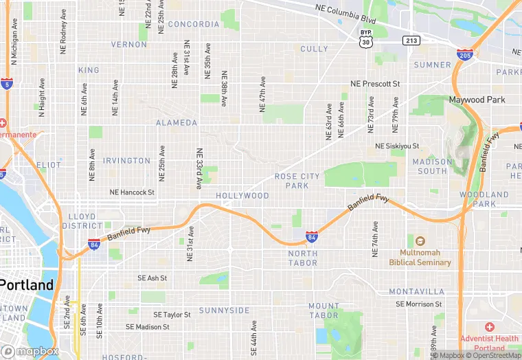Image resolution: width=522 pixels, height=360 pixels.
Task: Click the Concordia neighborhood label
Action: [193, 24]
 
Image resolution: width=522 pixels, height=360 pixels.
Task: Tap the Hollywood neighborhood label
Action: [242, 196]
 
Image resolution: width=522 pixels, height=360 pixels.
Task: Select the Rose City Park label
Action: [297, 181]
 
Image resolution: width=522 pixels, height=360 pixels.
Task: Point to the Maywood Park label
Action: [477, 100]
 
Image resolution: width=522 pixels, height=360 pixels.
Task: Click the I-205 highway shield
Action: [465, 54]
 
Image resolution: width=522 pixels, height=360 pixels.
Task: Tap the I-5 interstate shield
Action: [7, 85]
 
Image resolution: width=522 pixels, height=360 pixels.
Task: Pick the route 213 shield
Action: [411, 41]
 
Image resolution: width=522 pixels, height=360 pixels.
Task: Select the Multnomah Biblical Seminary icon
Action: [420, 241]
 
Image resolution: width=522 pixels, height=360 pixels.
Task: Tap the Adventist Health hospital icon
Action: [489, 327]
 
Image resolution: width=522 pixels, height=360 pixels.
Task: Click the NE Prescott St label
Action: [374, 84]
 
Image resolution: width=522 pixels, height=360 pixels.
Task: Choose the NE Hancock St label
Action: [133, 192]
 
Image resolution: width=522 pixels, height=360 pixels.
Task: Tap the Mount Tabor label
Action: [323, 311]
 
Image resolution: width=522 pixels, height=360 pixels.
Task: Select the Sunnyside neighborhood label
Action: [225, 311]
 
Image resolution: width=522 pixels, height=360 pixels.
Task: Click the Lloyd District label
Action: [82, 221]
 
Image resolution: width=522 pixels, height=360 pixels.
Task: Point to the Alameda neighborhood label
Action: [177, 123]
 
